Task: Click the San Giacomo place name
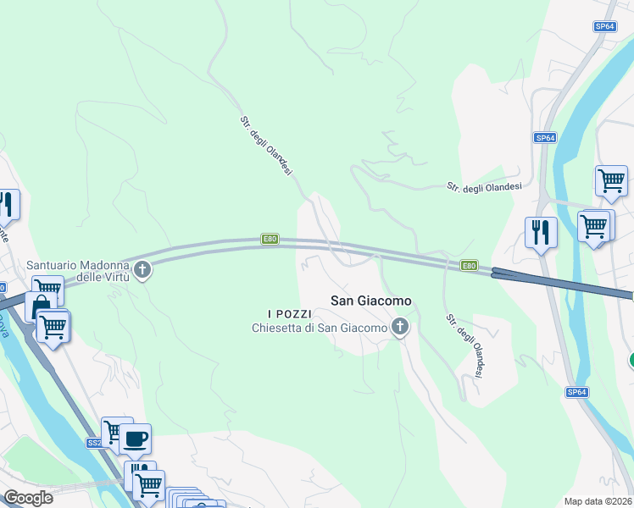[370, 301]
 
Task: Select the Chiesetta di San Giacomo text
[320, 328]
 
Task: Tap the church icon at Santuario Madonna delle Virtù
[142, 271]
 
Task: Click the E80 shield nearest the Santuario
[270, 240]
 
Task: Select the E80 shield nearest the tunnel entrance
[469, 266]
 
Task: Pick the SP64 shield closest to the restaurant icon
[544, 137]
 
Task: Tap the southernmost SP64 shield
[576, 392]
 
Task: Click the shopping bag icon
[39, 306]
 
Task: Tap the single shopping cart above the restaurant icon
[610, 180]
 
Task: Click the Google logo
[28, 498]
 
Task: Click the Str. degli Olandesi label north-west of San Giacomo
[265, 146]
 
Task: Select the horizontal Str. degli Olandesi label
[484, 186]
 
